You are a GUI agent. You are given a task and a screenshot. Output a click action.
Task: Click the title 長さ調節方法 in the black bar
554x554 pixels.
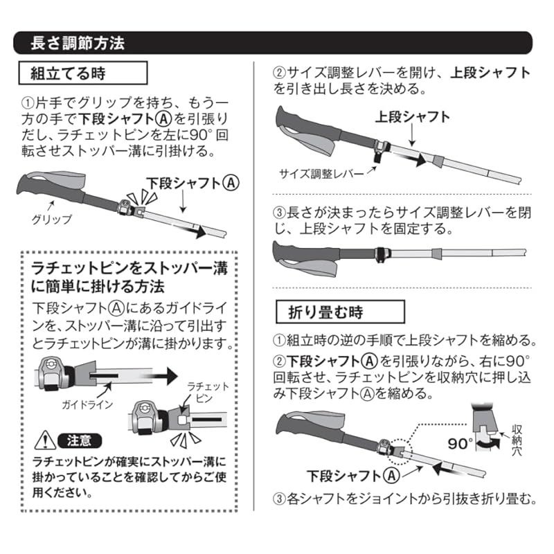pos(78,42)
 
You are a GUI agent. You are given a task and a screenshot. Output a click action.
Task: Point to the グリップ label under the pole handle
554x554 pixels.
pos(51,220)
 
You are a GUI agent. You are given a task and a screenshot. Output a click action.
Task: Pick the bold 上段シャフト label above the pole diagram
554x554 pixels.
pos(412,116)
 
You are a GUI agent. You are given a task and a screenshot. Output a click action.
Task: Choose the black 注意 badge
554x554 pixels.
pos(80,440)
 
